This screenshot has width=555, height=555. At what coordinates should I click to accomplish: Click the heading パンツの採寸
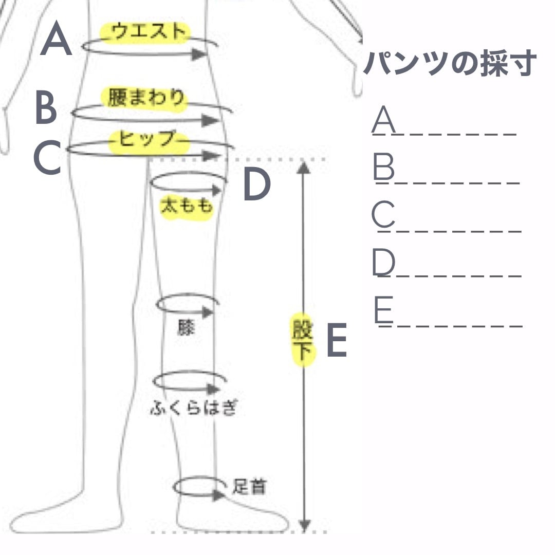[x=450, y=64]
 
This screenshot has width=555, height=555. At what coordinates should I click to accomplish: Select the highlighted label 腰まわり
[x=145, y=98]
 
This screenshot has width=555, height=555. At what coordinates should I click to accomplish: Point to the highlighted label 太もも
[x=186, y=207]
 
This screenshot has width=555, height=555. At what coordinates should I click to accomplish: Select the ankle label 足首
[x=249, y=486]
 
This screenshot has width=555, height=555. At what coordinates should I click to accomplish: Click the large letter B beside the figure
[x=46, y=107]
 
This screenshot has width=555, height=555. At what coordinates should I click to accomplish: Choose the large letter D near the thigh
[x=256, y=185]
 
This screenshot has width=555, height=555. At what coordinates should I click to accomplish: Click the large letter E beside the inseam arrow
[x=337, y=341]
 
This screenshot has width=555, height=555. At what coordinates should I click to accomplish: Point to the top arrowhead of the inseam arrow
[x=304, y=167]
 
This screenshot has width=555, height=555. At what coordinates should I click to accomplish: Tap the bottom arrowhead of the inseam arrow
[x=304, y=525]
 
